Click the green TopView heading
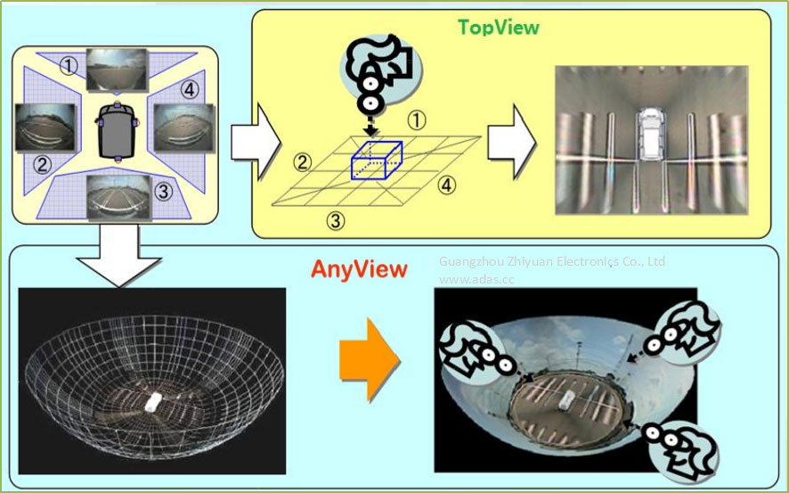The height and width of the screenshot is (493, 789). tap(498, 28)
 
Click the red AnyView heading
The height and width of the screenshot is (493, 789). tap(359, 268)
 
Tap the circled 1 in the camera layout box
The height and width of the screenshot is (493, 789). tap(69, 65)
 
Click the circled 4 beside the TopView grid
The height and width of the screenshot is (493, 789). tap(447, 185)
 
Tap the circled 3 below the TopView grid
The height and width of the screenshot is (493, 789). tap(336, 220)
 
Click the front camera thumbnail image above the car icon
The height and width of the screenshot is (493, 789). tap(117, 69)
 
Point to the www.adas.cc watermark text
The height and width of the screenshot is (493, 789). tap(476, 279)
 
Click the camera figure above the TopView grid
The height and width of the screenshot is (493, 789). tap(378, 76)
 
